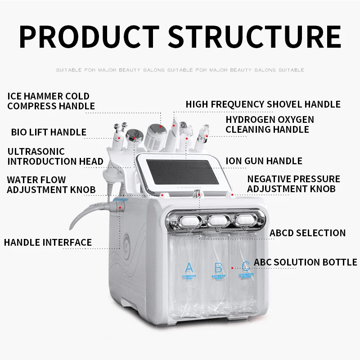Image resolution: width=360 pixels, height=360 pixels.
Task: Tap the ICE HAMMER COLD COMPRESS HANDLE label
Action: pos(51,101)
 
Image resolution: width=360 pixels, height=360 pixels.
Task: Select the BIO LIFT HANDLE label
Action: pos(49,132)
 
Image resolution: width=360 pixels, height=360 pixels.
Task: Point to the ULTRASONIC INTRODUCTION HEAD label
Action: pos(55,157)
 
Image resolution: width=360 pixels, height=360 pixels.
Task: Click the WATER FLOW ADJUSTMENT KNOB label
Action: pos(51,185)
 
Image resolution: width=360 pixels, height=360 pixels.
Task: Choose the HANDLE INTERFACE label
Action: pos(48,243)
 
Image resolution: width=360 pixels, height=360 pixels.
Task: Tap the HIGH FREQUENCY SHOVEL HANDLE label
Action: pos(263,104)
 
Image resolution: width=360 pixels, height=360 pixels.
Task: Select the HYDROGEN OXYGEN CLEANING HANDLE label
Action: pos(270,125)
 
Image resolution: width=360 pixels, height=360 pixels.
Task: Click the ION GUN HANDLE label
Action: pos(264,161)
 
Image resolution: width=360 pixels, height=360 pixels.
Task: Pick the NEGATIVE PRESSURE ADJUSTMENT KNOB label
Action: pos(293,184)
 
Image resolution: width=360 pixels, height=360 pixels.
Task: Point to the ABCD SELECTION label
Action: pos(307,233)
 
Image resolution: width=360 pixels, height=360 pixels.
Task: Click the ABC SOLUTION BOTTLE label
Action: pos(306,262)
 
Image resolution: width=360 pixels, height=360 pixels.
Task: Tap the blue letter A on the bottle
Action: pos(189,268)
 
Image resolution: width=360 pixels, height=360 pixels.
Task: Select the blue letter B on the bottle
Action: pos(218,268)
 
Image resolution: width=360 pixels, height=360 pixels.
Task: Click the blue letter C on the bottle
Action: pos(245,267)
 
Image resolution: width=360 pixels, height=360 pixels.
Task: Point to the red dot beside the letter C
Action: pos(232,268)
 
